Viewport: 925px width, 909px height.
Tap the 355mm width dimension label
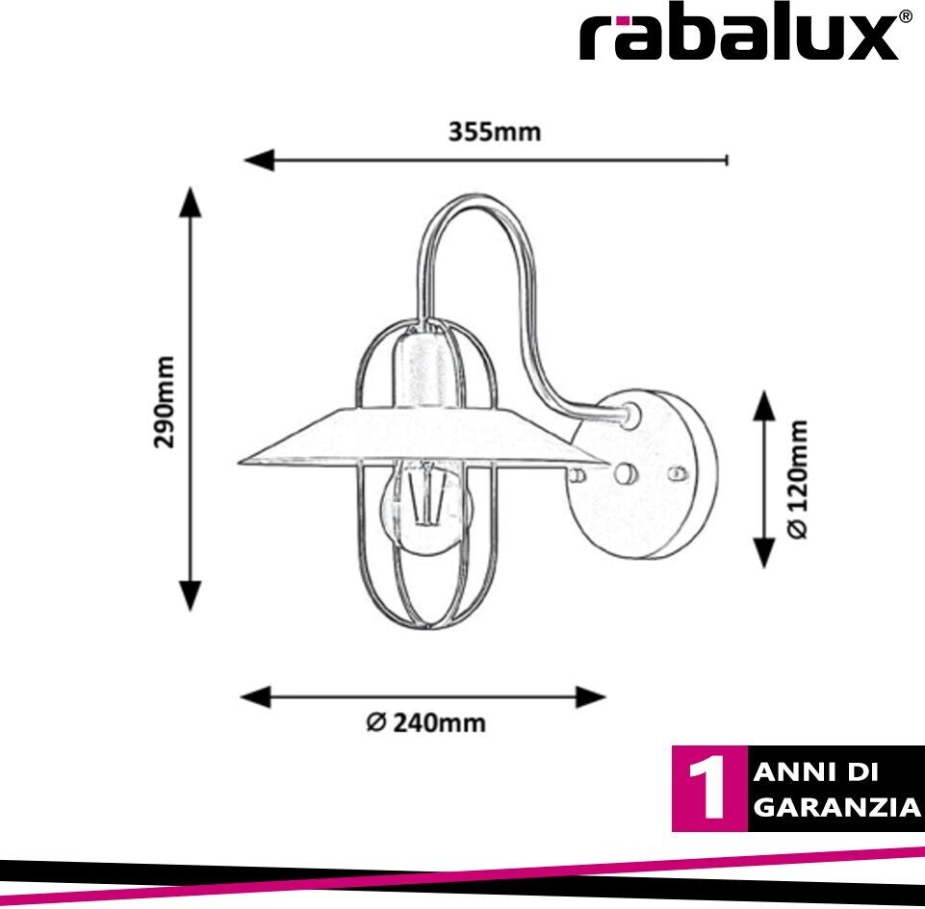495,132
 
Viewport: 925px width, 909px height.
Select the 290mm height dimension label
166,402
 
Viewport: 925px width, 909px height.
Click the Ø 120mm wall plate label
798,477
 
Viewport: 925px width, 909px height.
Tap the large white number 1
710,789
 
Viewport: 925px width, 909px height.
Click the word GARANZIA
836,807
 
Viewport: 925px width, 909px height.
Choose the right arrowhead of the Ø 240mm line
590,696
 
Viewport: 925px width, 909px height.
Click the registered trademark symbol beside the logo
905,16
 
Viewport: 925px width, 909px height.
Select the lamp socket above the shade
420,370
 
